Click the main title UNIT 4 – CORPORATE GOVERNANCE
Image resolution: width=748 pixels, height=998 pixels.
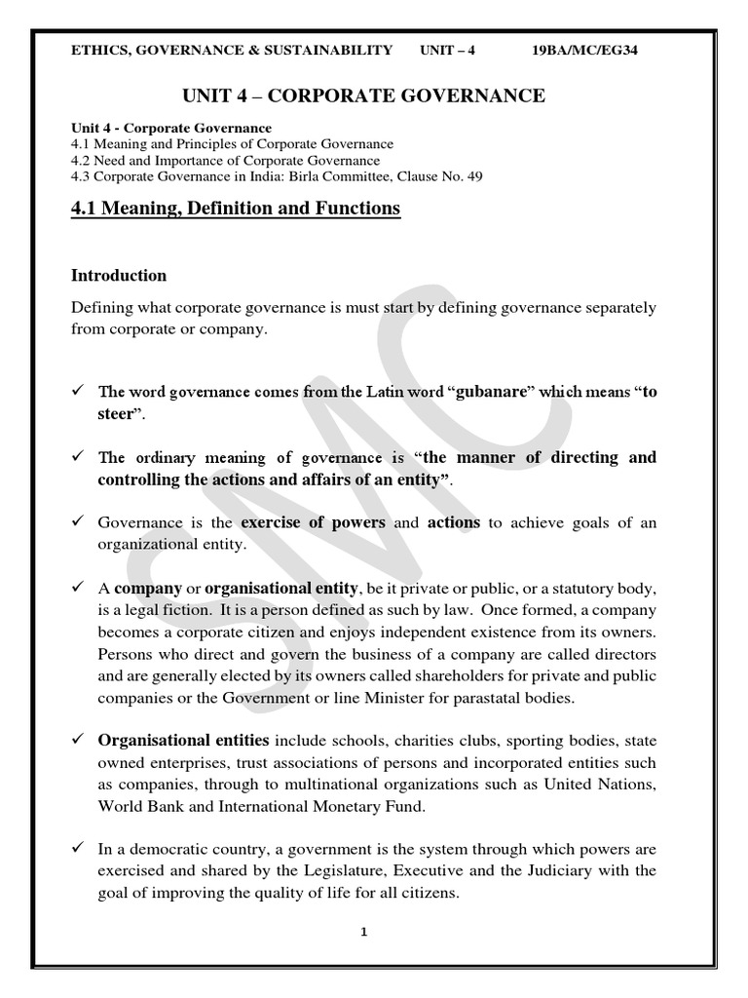click(x=364, y=95)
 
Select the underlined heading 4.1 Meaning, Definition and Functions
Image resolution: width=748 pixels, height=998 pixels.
click(x=236, y=208)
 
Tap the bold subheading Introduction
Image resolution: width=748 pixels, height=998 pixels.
click(x=119, y=275)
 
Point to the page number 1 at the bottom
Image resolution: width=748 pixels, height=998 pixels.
click(x=363, y=932)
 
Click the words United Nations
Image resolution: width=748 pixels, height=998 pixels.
click(x=601, y=784)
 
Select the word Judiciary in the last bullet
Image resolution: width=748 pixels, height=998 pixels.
click(x=583, y=871)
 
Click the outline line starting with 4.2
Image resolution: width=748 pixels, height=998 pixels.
click(x=226, y=160)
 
